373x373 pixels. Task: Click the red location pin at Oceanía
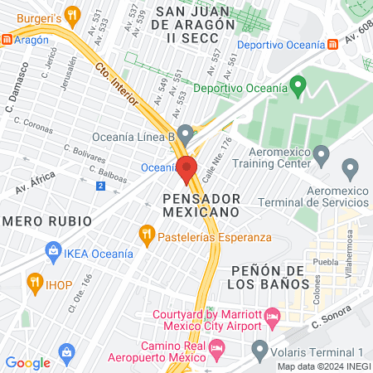187,168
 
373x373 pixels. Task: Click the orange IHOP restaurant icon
35,282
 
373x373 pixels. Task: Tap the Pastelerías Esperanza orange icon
148,234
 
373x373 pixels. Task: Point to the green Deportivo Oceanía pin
299,85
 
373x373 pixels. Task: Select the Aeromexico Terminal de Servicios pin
350,169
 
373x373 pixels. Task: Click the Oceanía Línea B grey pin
186,133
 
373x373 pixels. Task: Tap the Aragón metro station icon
7,39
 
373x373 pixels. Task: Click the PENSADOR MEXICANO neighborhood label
202,205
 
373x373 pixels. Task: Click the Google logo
27,362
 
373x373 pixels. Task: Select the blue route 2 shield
100,186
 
